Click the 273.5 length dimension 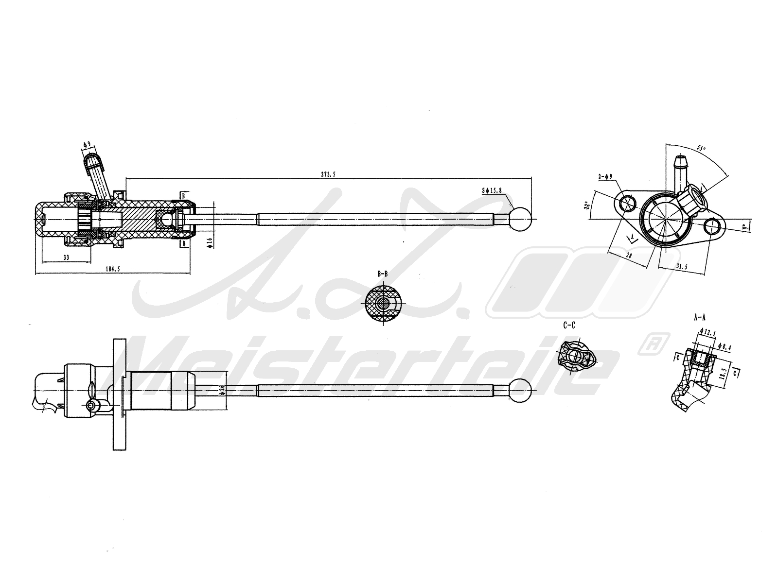[329, 174]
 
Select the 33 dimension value [66, 257]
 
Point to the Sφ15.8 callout [492, 192]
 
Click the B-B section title [383, 274]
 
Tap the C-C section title [569, 326]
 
